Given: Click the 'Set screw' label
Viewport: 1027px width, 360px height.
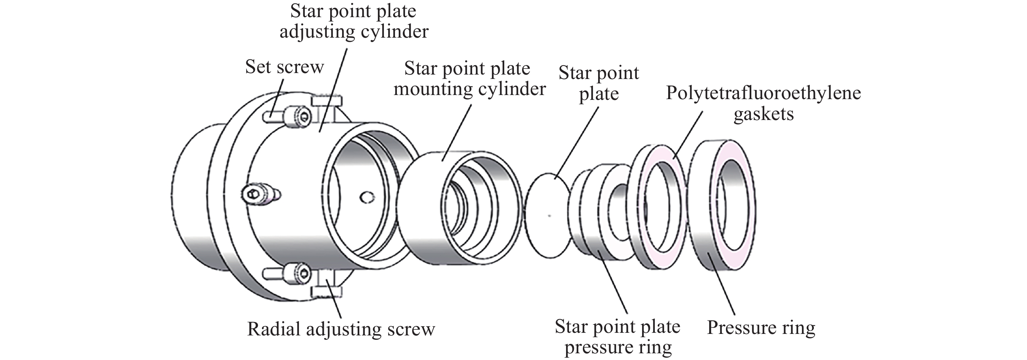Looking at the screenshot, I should click(x=284, y=67).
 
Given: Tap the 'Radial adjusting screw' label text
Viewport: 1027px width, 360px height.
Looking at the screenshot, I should click(x=341, y=329).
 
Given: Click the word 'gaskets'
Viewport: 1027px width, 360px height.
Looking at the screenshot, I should click(x=764, y=114).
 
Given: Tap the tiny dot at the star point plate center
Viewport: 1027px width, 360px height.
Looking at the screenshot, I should click(x=550, y=216).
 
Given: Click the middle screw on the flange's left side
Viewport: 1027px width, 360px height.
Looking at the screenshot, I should click(x=259, y=194).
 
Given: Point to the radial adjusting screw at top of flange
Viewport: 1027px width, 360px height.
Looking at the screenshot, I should click(x=327, y=102).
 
